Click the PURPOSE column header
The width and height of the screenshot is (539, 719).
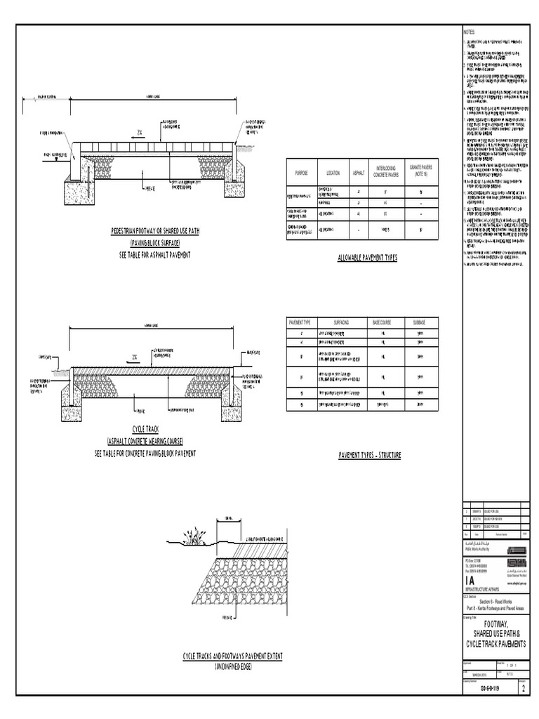click(x=301, y=172)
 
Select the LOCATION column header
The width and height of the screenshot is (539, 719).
click(x=333, y=172)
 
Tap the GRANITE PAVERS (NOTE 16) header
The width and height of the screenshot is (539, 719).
click(x=421, y=171)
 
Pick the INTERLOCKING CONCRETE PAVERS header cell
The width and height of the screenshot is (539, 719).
click(x=385, y=172)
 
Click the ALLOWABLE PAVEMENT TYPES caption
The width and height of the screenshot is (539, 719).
click(x=367, y=258)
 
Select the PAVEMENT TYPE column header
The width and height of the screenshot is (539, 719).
click(x=300, y=322)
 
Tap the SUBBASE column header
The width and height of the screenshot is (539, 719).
click(x=419, y=322)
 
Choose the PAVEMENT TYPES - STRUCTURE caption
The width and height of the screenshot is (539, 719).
click(x=369, y=455)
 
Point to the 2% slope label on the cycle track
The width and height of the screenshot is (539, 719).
click(x=133, y=357)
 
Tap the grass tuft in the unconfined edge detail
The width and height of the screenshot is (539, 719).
click(x=193, y=538)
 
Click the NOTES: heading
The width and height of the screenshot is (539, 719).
click(x=469, y=33)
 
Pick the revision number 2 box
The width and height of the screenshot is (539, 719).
click(x=523, y=689)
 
